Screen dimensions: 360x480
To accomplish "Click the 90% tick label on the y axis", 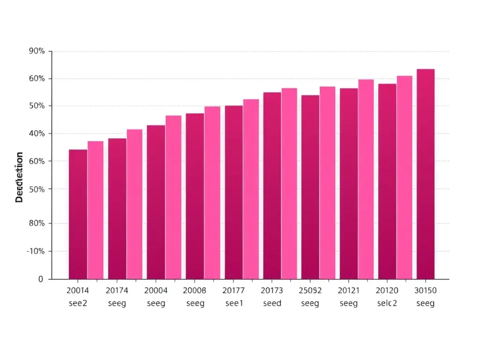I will pos(37,51).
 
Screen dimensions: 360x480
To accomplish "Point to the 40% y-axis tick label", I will pos(37,134).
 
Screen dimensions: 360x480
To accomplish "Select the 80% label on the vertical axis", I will pos(37,223).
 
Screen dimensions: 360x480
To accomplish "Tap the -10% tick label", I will pos(35,251).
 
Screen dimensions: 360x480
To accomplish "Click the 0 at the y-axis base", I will pos(41,279).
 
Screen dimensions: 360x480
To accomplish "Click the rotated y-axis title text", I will pos(19,177).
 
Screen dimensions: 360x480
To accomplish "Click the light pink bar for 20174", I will pos(135,204).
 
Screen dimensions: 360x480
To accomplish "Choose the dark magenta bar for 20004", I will pos(156,202).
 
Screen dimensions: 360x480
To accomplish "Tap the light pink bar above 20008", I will pos(212,193).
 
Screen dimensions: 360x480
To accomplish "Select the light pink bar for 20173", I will pos(289,184).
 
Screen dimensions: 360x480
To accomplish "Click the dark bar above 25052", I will pos(310,187).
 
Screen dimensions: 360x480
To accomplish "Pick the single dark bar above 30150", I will pos(426,174).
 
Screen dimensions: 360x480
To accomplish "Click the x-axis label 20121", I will pos(348,290).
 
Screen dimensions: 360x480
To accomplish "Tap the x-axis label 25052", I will pos(310,290).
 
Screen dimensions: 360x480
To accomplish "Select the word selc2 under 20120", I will pos(387,303).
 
